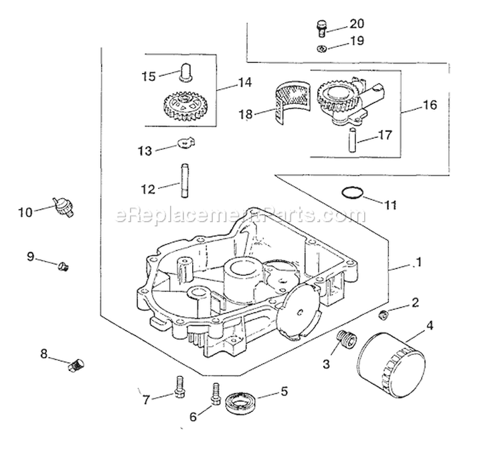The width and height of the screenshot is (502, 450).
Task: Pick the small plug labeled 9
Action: coord(64,267)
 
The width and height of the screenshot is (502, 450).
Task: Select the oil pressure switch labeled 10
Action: coord(66,206)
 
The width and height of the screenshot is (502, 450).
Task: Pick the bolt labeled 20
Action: coord(322,27)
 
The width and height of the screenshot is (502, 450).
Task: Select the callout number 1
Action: coord(418,263)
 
